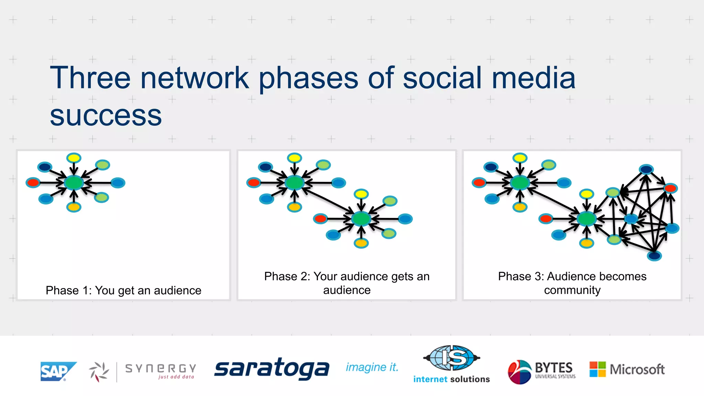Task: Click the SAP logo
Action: tap(58, 371)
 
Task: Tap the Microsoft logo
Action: tap(627, 369)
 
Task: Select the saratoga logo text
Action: tap(272, 369)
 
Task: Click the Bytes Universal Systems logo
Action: tap(541, 371)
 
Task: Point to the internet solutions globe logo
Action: tap(451, 358)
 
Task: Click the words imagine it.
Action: tap(372, 367)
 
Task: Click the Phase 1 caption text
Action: tap(123, 290)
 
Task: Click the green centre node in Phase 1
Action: tap(74, 183)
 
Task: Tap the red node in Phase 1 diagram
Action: tap(33, 183)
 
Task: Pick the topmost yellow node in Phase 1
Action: tap(74, 158)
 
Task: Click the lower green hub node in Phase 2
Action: tap(361, 219)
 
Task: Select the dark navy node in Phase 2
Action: tap(265, 167)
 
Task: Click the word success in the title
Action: tap(106, 116)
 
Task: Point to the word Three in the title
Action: tap(90, 78)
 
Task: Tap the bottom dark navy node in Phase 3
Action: tap(654, 255)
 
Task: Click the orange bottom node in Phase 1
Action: tap(74, 207)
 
